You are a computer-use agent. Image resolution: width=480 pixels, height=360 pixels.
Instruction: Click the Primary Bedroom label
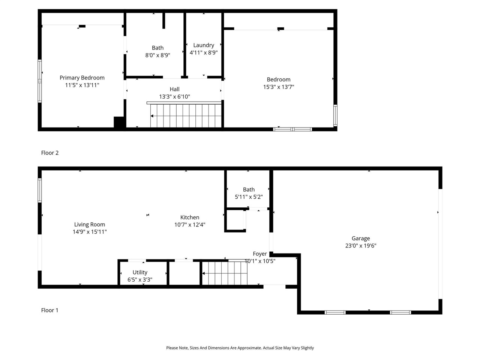tap(82, 78)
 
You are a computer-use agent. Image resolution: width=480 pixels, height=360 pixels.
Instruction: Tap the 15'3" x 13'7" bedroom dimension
tap(279, 87)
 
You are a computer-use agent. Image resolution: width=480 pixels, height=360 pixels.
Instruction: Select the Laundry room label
tap(204, 45)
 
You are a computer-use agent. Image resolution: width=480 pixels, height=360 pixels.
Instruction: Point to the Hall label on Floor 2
tap(174, 89)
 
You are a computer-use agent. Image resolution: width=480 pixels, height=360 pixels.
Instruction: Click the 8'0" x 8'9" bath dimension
tap(157, 55)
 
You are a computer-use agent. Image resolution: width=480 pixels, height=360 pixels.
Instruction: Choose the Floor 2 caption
tap(50, 153)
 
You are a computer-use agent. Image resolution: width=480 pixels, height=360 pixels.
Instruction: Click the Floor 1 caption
tap(50, 310)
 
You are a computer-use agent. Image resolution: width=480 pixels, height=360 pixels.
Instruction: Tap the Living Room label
tap(90, 225)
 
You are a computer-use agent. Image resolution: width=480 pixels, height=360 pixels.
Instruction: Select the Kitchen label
tap(190, 217)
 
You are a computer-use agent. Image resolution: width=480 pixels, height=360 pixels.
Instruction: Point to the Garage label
tap(361, 238)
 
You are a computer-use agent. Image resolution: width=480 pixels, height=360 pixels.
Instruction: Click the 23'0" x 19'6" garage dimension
tap(361, 246)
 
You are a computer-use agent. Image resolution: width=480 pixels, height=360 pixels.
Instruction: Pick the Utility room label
tap(140, 272)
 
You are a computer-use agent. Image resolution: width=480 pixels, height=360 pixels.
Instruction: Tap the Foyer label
tap(260, 254)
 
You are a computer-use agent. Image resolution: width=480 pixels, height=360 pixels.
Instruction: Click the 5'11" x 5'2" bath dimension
tap(249, 197)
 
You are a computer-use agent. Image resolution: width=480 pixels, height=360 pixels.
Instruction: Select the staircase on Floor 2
tap(186, 115)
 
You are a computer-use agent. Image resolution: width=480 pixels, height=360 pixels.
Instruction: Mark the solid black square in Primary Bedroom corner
tap(119, 123)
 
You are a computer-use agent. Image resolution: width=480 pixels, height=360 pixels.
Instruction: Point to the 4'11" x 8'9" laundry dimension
tap(204, 52)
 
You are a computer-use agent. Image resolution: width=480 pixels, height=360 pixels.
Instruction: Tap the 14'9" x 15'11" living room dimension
tap(90, 232)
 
